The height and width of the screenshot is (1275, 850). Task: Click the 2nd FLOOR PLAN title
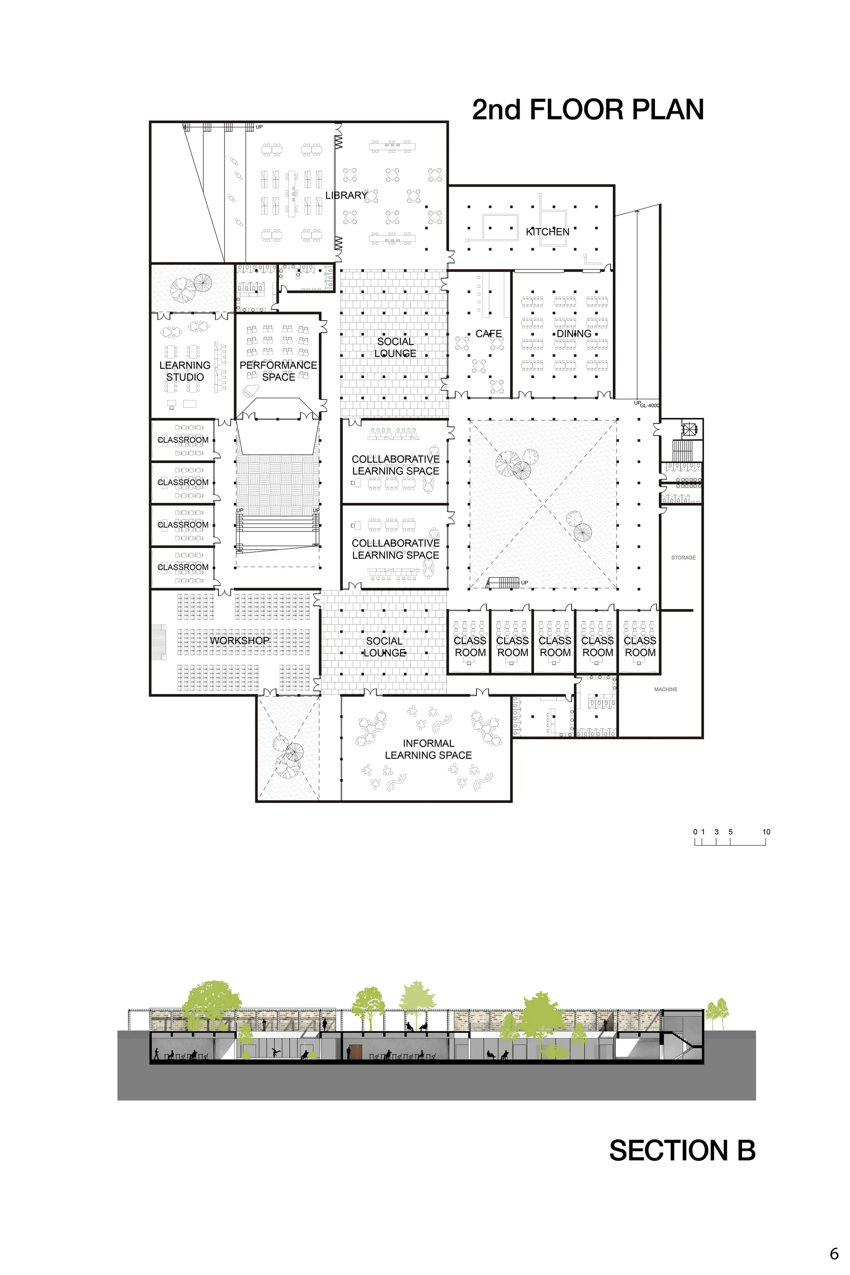[x=588, y=110]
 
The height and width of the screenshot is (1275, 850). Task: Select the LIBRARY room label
[x=346, y=195]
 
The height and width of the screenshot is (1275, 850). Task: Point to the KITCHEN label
[x=547, y=232]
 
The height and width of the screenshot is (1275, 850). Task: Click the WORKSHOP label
[x=240, y=641]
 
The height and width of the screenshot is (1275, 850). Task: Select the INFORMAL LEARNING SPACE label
[x=428, y=749]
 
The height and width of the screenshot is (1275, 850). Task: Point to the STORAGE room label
[x=683, y=557]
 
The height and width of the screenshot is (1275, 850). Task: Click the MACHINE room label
[x=666, y=689]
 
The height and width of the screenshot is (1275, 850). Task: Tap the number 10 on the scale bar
[x=766, y=832]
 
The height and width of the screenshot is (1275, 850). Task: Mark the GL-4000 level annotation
[x=649, y=405]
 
